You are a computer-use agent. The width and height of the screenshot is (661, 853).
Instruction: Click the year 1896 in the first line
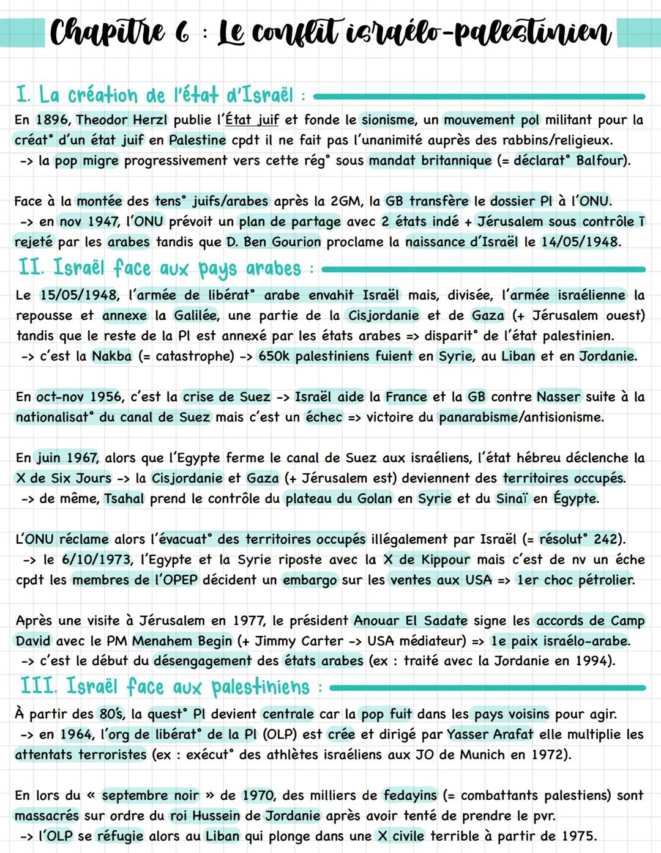(x=52, y=120)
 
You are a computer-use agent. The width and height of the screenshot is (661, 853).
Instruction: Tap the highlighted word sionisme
(x=388, y=120)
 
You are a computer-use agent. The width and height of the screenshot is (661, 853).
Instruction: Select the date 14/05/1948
(x=580, y=242)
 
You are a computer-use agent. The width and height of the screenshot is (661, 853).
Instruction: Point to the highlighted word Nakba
(x=111, y=356)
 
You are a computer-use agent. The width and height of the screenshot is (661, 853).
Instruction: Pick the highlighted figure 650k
(x=274, y=356)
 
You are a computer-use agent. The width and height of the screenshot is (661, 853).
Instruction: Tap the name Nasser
(x=558, y=397)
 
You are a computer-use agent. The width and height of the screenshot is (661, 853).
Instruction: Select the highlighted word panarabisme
(x=479, y=418)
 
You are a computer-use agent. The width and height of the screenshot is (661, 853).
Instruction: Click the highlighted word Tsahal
(x=124, y=499)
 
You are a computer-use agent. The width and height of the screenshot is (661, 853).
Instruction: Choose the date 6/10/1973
(x=96, y=560)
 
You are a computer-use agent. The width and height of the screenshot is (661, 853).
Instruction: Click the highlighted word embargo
(x=310, y=580)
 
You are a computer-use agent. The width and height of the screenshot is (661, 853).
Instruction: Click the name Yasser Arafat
(x=490, y=734)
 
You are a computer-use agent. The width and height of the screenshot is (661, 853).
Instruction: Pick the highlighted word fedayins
(x=410, y=796)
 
